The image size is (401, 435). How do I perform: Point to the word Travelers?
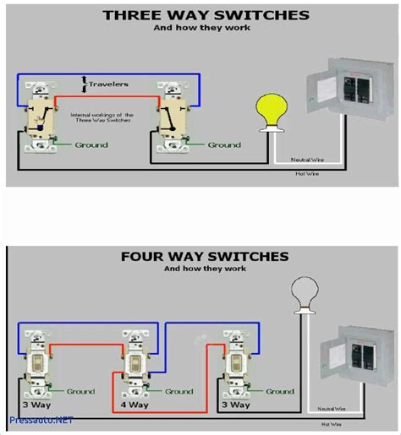112,84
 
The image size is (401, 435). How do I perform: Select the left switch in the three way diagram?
39,118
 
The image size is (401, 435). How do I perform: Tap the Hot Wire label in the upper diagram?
305,173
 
